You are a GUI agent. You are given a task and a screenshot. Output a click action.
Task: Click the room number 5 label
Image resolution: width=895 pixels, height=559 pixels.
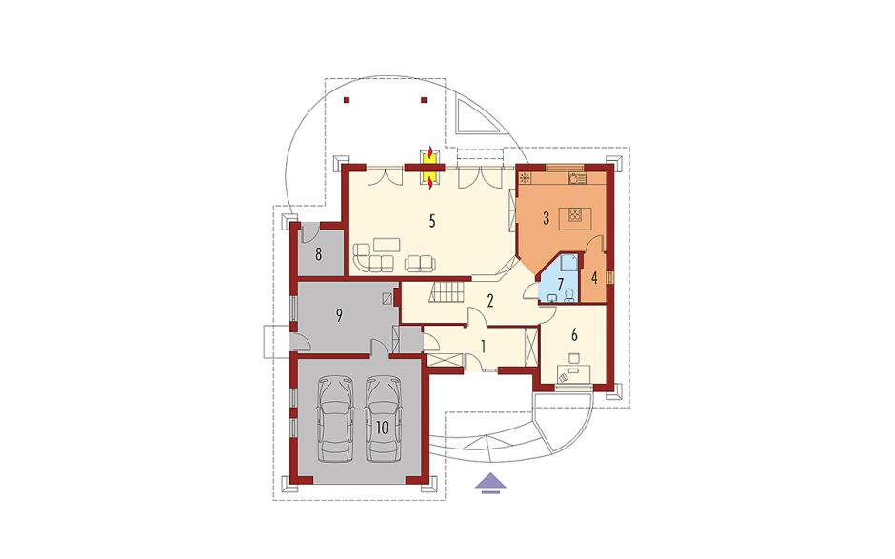(x=432, y=220)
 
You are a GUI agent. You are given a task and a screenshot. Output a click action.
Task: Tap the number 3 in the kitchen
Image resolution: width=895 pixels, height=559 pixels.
(x=546, y=217)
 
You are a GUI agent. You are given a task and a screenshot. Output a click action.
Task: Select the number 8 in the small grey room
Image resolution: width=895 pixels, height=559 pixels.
(x=318, y=253)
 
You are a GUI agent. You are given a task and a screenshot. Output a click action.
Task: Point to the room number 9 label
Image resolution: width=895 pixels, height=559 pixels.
(x=339, y=315)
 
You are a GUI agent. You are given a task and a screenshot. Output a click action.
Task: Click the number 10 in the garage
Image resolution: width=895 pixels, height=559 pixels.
(x=382, y=427)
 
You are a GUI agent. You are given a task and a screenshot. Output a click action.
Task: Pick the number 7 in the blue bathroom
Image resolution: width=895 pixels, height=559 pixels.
(x=561, y=283)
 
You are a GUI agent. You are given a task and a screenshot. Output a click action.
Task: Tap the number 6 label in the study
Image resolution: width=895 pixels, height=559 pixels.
(x=574, y=334)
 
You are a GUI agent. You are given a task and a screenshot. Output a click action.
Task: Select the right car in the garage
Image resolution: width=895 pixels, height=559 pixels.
(x=383, y=419)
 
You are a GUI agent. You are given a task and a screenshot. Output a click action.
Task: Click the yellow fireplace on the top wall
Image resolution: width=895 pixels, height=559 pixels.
(x=429, y=168)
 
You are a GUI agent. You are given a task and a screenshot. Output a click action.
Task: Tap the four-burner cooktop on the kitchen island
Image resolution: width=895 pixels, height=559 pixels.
(x=575, y=216)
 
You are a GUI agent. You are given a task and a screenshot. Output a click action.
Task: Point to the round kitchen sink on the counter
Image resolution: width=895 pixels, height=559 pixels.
(x=573, y=178)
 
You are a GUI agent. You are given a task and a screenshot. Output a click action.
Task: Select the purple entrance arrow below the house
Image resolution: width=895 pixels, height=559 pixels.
(x=490, y=483)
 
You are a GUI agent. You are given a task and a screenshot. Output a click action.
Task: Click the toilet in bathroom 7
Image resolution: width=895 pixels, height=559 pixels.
(x=569, y=294)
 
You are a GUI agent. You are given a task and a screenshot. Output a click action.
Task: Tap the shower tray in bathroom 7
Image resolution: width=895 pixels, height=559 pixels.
(x=567, y=262)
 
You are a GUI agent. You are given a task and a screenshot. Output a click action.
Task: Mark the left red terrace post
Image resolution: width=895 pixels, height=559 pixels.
(x=347, y=100)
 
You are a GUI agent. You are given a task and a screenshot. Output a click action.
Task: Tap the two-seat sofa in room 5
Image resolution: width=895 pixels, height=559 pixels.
(x=420, y=263)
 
